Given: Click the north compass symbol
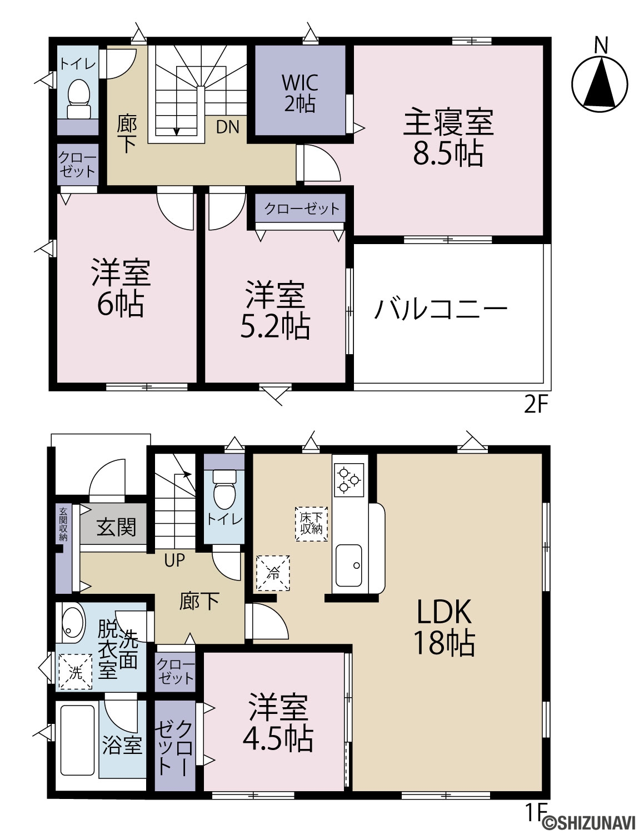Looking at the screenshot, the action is pos(599,85).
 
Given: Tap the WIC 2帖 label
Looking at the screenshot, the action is pos(300,92).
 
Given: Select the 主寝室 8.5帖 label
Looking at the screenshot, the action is pos(448,137).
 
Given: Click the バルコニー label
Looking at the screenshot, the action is pos(441,309).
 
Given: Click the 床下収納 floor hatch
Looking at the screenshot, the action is pos(312,524).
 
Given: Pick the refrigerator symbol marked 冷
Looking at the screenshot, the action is pos(273,573).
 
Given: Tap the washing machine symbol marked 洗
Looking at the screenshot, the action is pos(75,672).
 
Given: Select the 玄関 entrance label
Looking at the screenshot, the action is pos(116,527).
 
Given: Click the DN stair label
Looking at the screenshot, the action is pos(227,127).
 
